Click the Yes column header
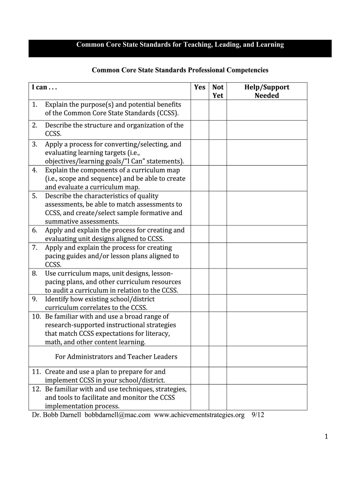point(200,87)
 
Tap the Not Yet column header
point(218,91)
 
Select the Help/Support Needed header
point(266,91)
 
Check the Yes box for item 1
point(200,110)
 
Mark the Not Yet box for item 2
point(218,130)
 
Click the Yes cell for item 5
point(200,209)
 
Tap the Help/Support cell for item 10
point(266,329)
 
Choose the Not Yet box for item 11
point(218,376)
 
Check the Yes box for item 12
point(200,397)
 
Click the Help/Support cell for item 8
point(266,282)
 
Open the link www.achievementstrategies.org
point(199,415)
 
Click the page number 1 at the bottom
point(327,436)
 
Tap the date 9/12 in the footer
point(258,415)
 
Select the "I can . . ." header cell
point(44,87)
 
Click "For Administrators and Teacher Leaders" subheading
point(116,357)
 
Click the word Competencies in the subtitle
point(247,71)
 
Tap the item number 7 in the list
point(35,247)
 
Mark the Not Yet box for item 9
point(218,303)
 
